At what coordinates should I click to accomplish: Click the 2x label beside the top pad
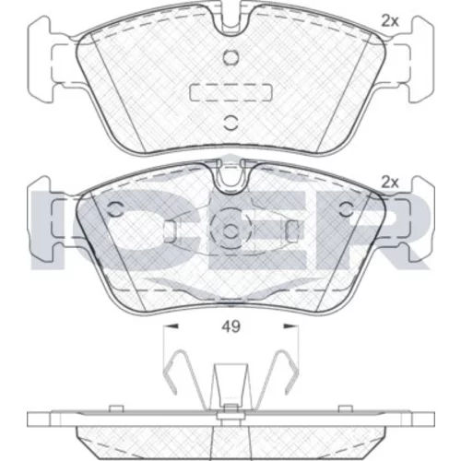tap(390, 21)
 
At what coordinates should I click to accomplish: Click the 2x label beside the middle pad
tap(390, 183)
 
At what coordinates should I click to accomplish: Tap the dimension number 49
tap(231, 326)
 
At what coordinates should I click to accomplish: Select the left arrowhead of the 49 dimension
tap(171, 326)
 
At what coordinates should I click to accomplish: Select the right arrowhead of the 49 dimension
tap(290, 326)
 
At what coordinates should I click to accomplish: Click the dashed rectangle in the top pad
tap(231, 92)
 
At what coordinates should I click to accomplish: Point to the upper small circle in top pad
tap(230, 57)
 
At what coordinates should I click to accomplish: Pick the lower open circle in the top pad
tap(230, 123)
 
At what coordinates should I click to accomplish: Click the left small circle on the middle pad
tap(115, 210)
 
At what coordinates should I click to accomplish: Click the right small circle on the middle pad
tap(347, 210)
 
